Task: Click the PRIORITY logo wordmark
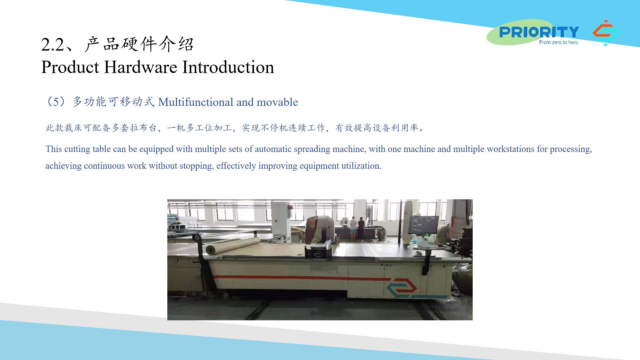point(539,32)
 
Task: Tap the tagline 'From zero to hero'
point(558,42)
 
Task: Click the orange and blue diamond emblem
point(605,33)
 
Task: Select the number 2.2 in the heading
point(52,45)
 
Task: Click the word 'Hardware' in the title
point(141,67)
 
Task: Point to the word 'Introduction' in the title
point(228,67)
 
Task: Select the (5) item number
point(56,101)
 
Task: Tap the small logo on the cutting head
point(318,254)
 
